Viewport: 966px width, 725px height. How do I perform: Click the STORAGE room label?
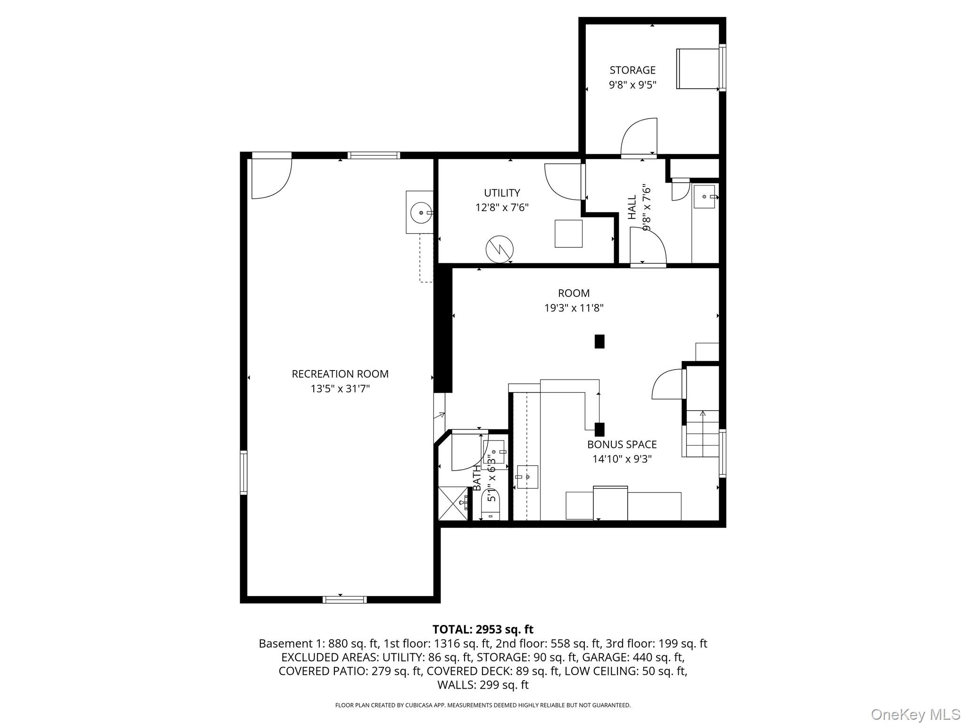(x=632, y=70)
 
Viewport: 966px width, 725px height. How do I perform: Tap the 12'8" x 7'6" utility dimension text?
(x=501, y=208)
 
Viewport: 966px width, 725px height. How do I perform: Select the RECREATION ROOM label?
(x=340, y=374)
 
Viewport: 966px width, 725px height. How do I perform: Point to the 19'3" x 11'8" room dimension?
(x=574, y=308)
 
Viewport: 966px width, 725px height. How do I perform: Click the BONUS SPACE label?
(x=622, y=444)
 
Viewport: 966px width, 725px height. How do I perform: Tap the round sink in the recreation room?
(x=420, y=213)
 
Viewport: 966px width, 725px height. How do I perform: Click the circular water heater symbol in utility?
(x=500, y=249)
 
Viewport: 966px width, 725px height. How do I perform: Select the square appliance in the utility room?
(x=568, y=234)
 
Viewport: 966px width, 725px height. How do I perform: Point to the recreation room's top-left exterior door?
(x=271, y=177)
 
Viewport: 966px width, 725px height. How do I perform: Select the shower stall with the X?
(x=453, y=503)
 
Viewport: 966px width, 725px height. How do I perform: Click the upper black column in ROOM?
(x=599, y=341)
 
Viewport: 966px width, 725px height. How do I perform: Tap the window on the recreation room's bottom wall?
(x=344, y=599)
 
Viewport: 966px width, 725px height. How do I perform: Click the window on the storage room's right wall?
(x=722, y=67)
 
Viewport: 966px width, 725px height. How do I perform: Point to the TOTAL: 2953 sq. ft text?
(x=483, y=629)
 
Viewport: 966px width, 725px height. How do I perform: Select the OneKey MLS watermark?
(x=915, y=714)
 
